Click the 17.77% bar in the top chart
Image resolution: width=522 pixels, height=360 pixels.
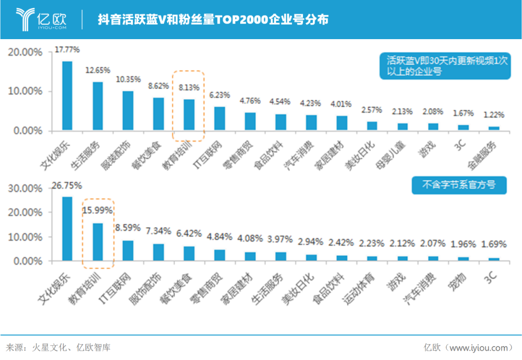coord(68,96)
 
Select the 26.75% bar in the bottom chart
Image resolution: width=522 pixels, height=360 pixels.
coord(68,229)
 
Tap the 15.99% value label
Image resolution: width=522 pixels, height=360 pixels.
coord(98,211)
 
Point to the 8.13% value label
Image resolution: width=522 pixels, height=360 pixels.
coord(189,88)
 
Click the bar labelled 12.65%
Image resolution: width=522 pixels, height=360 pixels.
coord(98,106)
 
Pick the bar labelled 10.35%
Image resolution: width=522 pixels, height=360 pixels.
coord(128,111)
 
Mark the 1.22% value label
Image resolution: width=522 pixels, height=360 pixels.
coord(493,115)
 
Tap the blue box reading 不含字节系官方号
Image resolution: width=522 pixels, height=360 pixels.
coord(459,185)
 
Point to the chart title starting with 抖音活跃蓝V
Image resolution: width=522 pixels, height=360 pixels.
coord(213,19)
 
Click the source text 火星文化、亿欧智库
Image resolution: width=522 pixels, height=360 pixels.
coord(71,347)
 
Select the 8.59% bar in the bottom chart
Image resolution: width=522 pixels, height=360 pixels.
coord(128,250)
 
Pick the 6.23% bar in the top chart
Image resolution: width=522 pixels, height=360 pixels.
coord(219,118)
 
